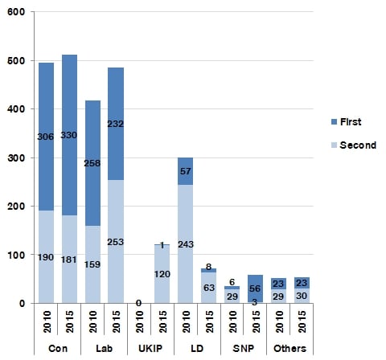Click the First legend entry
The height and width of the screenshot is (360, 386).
tap(346, 122)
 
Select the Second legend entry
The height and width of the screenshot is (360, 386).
tap(354, 145)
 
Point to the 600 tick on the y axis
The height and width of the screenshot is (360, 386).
tap(16, 12)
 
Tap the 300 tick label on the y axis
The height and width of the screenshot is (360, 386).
tap(16, 157)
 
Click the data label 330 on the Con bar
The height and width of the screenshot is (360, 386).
tap(69, 135)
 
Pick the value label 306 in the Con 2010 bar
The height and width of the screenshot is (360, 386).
tap(46, 137)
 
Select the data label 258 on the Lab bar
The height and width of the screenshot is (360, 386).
tap(92, 163)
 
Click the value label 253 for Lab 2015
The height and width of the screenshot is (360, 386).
tap(116, 242)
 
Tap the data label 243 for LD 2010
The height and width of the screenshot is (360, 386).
tap(186, 244)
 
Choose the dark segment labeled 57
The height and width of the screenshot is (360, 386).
tap(185, 171)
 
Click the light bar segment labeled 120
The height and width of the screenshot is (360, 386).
tap(162, 274)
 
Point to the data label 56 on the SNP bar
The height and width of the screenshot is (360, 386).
tap(255, 288)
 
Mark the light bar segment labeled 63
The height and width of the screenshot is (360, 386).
tap(209, 288)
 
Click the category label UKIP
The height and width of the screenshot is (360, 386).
tap(150, 349)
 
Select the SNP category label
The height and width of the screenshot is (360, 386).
tap(244, 349)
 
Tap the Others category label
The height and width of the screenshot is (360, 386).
tap(289, 349)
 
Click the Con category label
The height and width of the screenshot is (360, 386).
tap(58, 349)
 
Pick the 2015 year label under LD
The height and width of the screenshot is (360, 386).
tap(209, 321)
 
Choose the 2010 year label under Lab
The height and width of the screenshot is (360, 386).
tap(92, 321)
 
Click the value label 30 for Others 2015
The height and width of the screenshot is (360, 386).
tap(302, 296)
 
